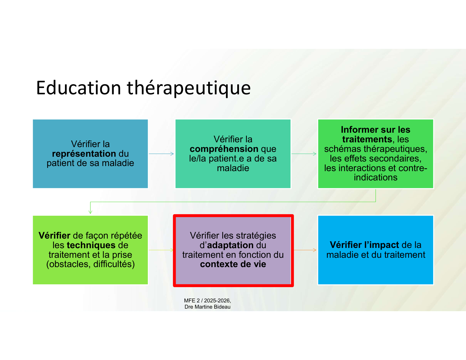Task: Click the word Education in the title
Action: pos(79,88)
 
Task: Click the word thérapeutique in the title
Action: pos(189,89)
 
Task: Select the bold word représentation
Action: pos(84,154)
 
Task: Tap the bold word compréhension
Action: pos(224,149)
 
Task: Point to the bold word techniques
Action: pos(91,245)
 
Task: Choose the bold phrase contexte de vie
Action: pos(233,264)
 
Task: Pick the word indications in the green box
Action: pos(376,177)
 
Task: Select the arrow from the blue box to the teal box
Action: pos(161,154)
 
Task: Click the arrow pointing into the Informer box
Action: pos(304,154)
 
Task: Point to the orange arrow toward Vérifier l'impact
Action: pos(305,250)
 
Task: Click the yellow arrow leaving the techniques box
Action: pos(161,250)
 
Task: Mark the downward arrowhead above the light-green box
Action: pos(90,212)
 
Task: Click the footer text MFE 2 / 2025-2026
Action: pos(207,301)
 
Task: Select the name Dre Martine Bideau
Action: pos(207,307)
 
